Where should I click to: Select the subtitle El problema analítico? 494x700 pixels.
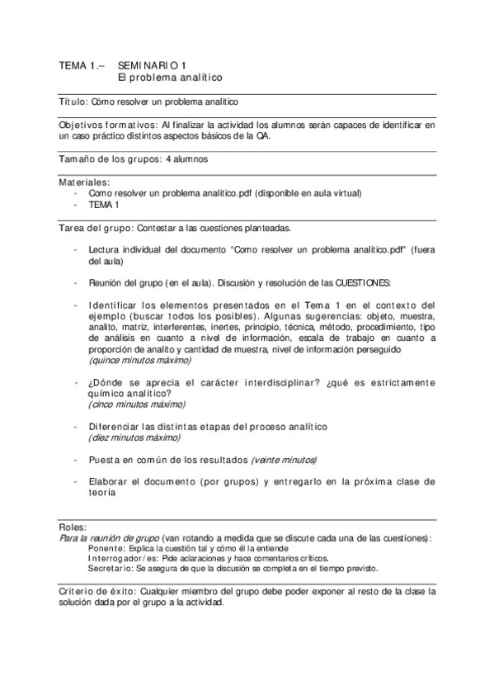coord(170,77)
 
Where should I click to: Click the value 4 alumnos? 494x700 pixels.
coord(186,158)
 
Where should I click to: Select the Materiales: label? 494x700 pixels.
coord(83,181)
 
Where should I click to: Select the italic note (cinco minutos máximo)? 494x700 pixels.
coord(136,404)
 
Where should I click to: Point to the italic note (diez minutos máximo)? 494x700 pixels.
coord(134,437)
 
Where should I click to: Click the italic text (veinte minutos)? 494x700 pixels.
coord(284,459)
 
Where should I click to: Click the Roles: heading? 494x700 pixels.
coord(73,526)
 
